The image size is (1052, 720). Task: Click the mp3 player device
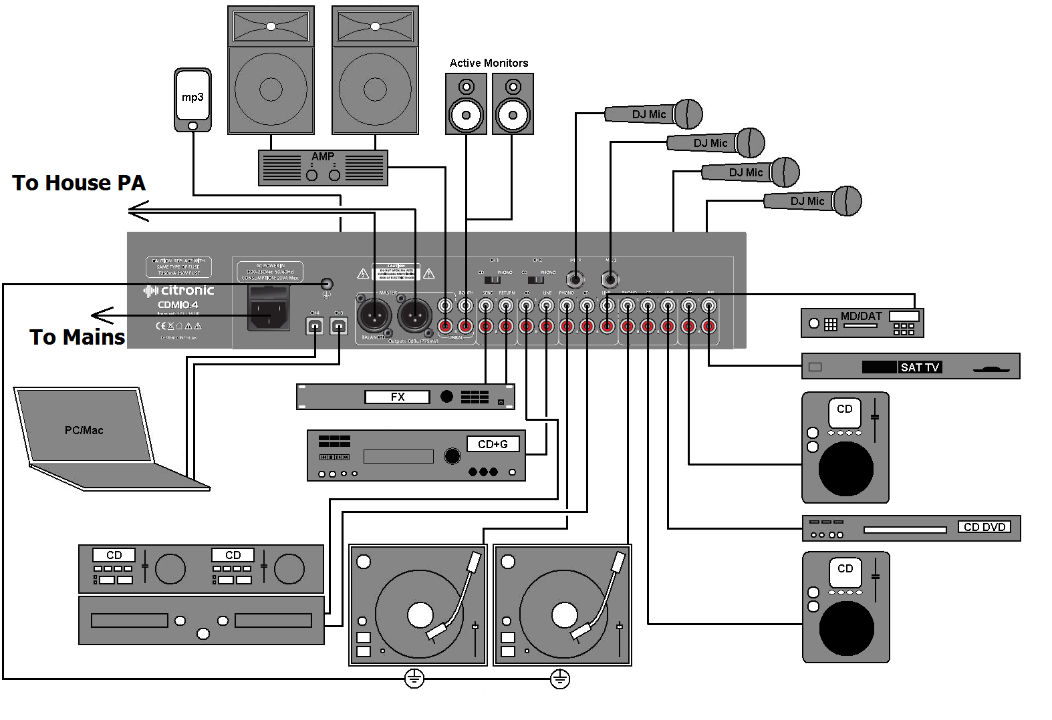coord(192,100)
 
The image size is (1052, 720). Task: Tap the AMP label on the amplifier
coord(323,156)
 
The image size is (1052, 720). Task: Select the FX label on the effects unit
coord(397,397)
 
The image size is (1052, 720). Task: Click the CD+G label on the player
coord(493,444)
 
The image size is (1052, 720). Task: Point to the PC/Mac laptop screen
coord(84,427)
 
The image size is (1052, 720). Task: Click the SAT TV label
coord(920,367)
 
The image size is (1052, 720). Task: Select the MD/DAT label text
coord(861,316)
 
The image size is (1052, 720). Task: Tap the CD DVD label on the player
coord(984,527)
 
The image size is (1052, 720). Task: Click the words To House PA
coord(79,183)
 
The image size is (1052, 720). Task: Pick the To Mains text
coord(77,337)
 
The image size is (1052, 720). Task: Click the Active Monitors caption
coord(489,63)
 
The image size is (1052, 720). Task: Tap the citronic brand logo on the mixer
coord(179,291)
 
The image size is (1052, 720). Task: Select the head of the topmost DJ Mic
coord(688,114)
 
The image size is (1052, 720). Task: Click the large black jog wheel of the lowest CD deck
coord(846,628)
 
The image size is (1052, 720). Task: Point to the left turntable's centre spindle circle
coord(420,614)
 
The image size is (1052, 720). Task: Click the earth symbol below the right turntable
coord(559,679)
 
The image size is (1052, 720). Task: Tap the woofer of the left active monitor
coord(466,115)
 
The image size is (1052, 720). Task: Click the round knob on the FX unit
coord(446,397)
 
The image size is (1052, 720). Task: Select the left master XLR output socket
coord(374,314)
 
